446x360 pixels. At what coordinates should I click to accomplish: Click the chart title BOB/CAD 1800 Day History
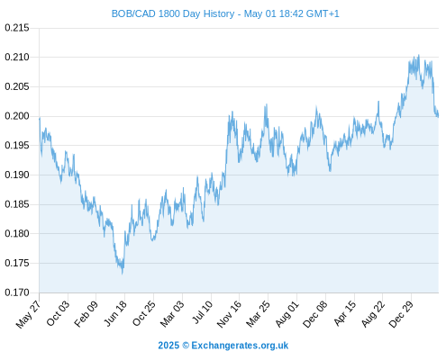(x=173, y=13)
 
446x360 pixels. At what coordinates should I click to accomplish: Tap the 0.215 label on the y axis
(x=17, y=28)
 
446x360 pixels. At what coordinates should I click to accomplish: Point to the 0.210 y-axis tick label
(x=17, y=57)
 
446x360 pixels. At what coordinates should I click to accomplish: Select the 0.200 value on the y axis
(x=17, y=116)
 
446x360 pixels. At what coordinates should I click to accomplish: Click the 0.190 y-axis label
(x=17, y=175)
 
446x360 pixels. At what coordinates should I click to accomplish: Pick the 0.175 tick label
(x=17, y=263)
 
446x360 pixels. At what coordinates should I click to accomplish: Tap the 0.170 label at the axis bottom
(x=17, y=292)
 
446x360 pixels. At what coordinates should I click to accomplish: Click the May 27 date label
(x=28, y=314)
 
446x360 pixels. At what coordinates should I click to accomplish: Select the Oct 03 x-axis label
(x=58, y=313)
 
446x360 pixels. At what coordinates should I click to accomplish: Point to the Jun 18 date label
(x=115, y=313)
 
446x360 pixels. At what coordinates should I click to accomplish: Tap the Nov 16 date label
(x=229, y=314)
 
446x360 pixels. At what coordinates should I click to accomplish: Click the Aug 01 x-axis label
(x=287, y=314)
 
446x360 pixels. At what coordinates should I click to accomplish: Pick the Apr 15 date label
(x=345, y=313)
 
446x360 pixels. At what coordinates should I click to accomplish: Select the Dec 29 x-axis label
(x=401, y=314)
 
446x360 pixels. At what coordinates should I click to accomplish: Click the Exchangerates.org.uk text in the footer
(x=240, y=346)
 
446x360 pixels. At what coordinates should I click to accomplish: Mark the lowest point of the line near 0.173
(x=123, y=274)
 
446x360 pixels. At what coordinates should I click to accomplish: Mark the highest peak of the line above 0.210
(x=419, y=55)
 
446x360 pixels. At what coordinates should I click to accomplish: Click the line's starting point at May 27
(x=40, y=118)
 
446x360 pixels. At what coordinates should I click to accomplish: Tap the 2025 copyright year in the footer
(x=168, y=346)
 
